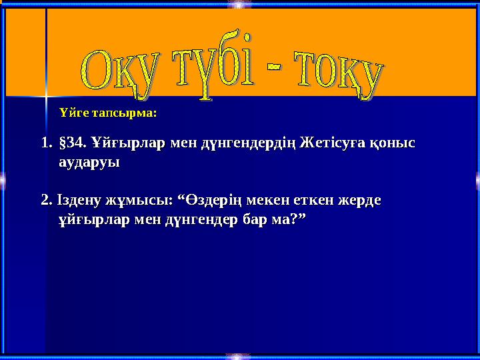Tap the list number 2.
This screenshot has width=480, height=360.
[x=46, y=200]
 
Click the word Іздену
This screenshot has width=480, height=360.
[x=77, y=200]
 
